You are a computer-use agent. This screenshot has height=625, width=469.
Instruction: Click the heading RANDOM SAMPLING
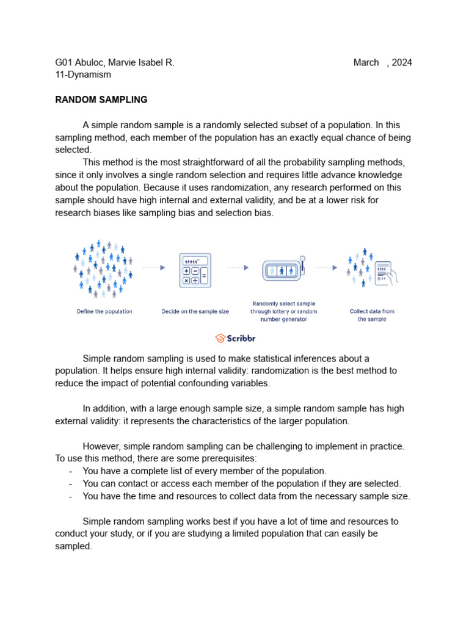point(101,99)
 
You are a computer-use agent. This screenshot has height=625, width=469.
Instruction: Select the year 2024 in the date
point(402,62)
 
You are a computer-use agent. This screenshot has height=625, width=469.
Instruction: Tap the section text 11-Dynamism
point(83,74)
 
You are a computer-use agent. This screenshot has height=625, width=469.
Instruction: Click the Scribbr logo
point(235,338)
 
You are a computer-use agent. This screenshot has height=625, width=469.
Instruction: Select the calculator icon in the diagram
point(195,270)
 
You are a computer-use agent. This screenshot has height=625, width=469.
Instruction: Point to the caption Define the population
point(104,311)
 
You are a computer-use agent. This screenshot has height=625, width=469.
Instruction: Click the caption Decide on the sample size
point(195,311)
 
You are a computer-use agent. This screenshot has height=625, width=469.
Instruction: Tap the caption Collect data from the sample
point(372,315)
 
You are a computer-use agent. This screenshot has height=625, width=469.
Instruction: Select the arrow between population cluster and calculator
point(154,267)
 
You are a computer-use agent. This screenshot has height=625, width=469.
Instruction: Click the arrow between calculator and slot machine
point(238,267)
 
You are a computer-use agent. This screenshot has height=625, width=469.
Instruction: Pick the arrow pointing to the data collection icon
point(327,267)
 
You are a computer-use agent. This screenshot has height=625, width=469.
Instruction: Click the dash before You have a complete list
point(71,471)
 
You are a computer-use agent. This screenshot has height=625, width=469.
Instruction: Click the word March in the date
point(366,62)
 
